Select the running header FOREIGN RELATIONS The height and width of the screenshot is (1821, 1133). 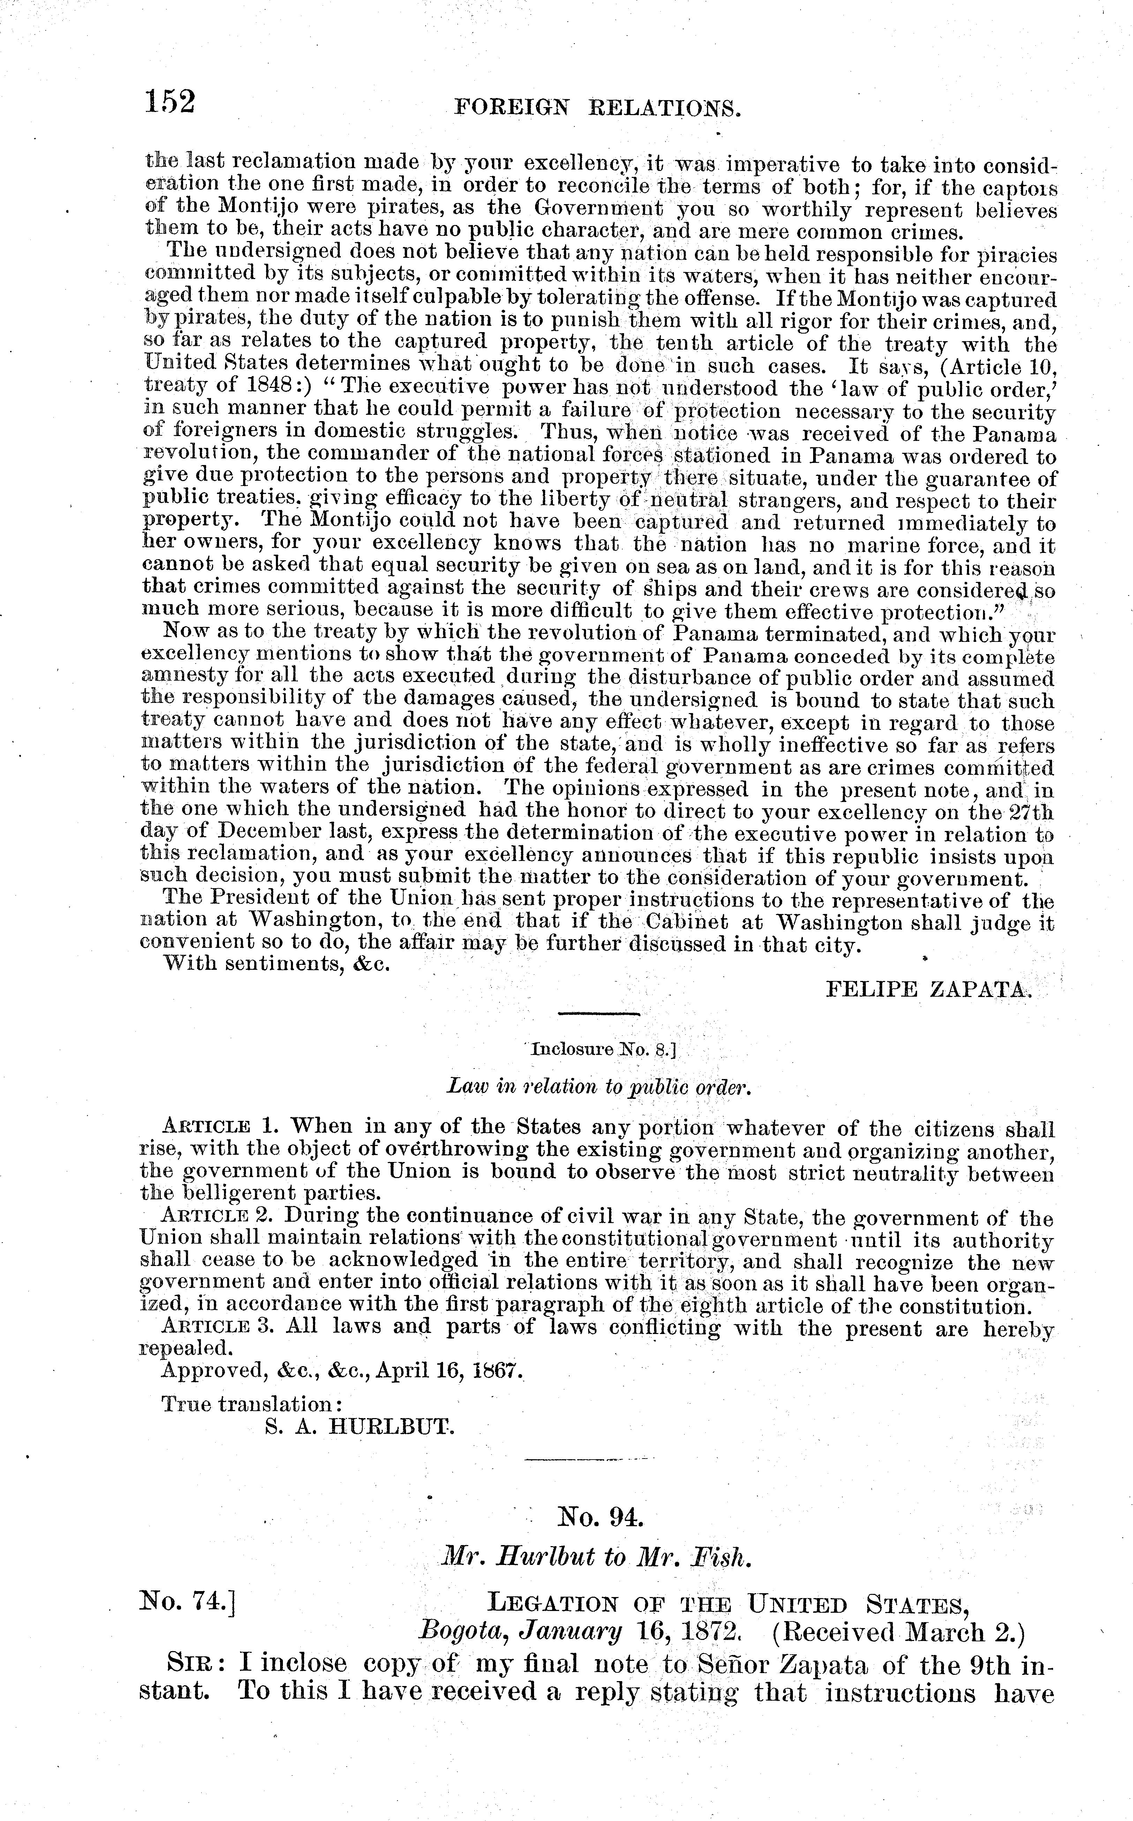597,110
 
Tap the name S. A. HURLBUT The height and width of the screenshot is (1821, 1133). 360,1427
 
